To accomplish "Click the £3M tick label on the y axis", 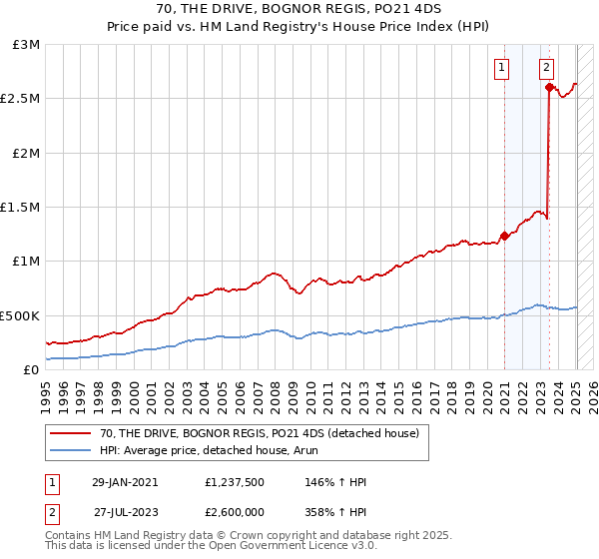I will point(27,45).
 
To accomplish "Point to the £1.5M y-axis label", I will point(22,208).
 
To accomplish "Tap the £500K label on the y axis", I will point(21,315).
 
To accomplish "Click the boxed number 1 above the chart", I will point(500,69).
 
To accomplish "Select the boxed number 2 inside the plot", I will point(547,69).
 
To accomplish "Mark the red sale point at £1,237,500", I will point(504,237).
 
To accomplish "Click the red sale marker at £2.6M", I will point(549,88).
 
